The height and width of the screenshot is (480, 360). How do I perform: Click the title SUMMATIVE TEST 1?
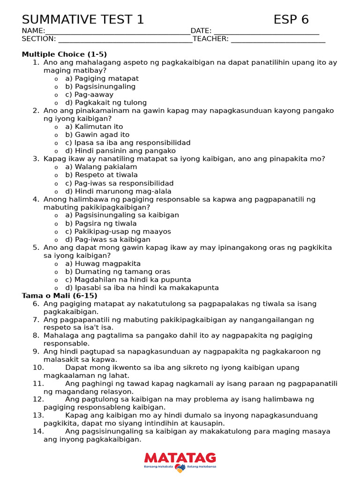83,20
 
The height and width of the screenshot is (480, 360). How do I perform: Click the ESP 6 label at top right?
291,20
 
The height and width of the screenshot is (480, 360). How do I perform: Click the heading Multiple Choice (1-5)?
64,54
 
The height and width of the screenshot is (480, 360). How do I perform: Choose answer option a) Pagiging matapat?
102,79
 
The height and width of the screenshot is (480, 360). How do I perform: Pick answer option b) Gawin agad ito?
97,135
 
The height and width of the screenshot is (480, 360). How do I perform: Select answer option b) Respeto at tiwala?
101,175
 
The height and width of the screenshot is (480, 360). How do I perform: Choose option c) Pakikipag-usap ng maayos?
118,232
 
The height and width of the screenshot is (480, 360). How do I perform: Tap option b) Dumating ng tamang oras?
117,272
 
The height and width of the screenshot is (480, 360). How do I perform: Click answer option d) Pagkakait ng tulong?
105,103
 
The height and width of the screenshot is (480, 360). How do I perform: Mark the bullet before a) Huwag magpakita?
56,264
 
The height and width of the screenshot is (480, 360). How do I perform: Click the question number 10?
38,368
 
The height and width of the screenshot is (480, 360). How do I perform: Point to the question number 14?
38,432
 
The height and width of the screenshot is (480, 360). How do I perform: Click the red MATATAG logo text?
180,458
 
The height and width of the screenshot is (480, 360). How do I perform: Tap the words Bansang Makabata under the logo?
158,467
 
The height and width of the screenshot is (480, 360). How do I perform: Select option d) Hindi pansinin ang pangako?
120,151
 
